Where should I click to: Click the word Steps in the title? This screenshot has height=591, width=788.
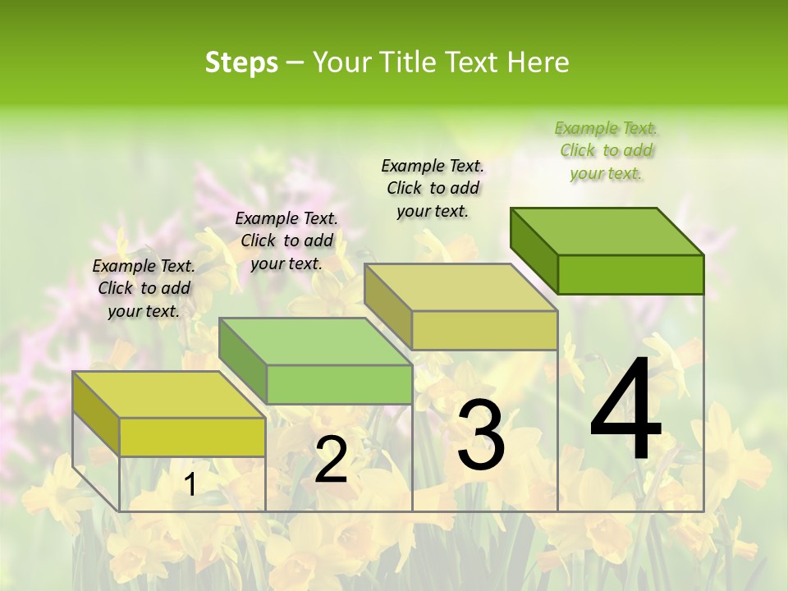tap(241, 62)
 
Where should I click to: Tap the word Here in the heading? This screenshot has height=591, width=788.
tap(538, 62)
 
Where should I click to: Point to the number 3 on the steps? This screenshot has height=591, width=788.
tap(480, 435)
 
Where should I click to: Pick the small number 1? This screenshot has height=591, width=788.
tap(190, 485)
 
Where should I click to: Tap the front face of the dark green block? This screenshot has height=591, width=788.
tap(630, 274)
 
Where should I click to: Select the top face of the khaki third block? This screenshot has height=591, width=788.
tap(461, 287)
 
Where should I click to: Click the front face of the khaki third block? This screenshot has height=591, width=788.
tap(484, 330)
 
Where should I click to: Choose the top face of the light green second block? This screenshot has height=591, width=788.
tap(315, 341)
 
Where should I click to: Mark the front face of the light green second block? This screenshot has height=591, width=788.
tap(339, 384)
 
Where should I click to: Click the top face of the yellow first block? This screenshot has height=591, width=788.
tap(169, 395)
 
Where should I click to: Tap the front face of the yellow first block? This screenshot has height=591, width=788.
tap(192, 437)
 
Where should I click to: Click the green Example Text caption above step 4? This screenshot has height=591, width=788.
tap(606, 150)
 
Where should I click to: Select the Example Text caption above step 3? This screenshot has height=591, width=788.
tap(433, 188)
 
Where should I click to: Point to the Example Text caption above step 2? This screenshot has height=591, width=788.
tap(286, 241)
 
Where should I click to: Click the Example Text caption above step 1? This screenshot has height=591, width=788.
tap(144, 288)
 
